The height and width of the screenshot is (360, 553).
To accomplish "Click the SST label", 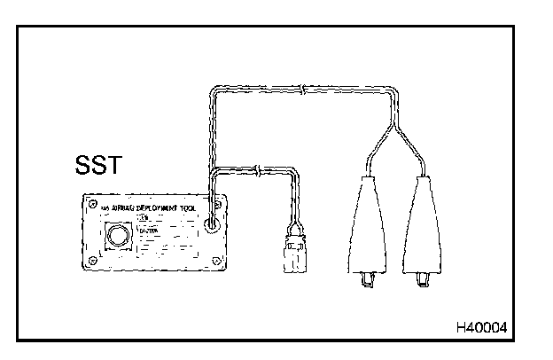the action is click(99, 166).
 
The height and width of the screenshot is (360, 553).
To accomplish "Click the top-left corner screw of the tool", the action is click(91, 205).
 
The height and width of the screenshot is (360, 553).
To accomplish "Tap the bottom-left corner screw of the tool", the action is click(93, 260).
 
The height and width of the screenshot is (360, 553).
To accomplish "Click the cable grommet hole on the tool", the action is click(210, 226).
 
